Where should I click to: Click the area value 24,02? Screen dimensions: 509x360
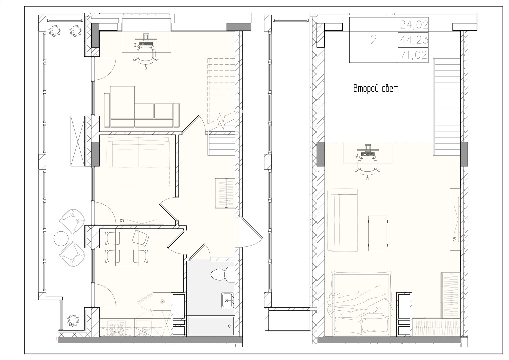[414, 25]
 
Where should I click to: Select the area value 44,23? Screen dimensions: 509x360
[414, 40]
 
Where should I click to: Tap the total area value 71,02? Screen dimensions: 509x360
[414, 55]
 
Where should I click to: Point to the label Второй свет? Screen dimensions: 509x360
[376, 88]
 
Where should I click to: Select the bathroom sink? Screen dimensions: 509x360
[228, 300]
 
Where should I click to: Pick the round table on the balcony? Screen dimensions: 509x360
[61, 238]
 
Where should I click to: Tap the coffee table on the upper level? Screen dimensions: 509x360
[378, 233]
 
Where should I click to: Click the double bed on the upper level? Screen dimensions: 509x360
[362, 304]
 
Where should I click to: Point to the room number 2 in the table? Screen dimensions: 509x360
[374, 40]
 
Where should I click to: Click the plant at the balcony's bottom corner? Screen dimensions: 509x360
[73, 320]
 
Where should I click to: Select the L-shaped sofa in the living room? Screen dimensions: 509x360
[142, 107]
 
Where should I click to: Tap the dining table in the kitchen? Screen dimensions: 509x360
[127, 247]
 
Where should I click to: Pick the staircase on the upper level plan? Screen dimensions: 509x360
[447, 107]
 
